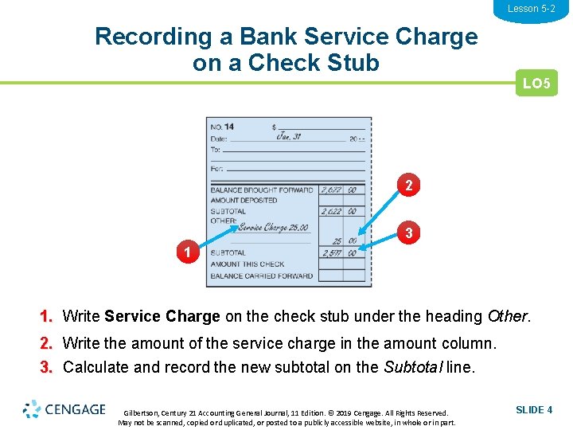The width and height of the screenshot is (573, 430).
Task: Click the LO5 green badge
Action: (x=536, y=83)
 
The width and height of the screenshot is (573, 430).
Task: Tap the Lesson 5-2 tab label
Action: (x=532, y=9)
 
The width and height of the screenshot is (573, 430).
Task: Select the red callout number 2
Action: (x=408, y=186)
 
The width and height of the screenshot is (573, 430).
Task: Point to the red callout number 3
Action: (x=408, y=234)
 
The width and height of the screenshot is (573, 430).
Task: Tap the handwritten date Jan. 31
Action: (x=289, y=136)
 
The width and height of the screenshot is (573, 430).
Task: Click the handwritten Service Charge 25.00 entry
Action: (x=272, y=228)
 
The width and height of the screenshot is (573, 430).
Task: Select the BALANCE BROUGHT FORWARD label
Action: (x=262, y=190)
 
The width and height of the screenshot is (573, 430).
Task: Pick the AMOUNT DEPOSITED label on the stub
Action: (x=244, y=201)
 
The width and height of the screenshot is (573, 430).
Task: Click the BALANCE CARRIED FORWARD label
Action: (x=262, y=276)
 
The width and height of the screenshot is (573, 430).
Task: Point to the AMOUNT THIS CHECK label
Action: (x=248, y=264)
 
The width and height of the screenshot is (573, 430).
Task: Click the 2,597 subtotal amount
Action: (x=332, y=253)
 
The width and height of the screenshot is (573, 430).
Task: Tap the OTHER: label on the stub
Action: (x=223, y=221)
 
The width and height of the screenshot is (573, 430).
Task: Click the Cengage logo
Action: (x=64, y=409)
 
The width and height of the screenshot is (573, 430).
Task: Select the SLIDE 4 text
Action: (x=534, y=410)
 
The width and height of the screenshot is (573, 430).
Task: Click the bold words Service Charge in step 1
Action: (x=162, y=316)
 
